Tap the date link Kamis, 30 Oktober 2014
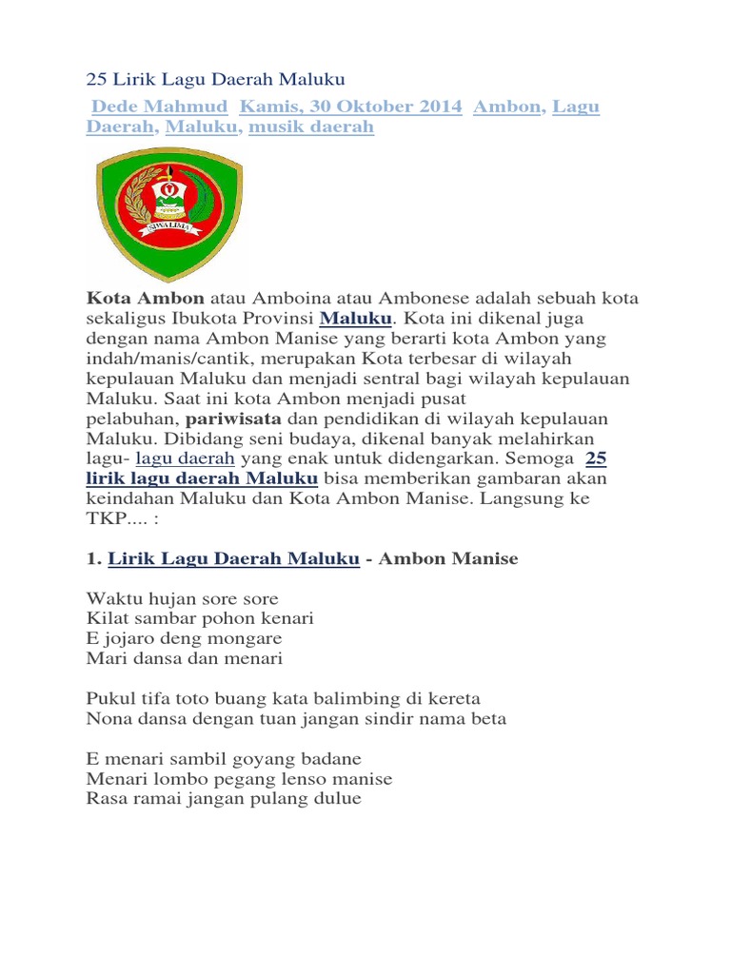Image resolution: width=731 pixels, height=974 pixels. click(x=351, y=107)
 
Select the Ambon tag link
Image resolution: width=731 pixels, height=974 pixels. click(x=507, y=107)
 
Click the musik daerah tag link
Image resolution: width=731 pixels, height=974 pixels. click(x=311, y=127)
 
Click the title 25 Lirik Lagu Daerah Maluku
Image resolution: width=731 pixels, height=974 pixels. click(x=216, y=78)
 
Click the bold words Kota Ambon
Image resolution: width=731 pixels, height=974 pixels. click(x=145, y=299)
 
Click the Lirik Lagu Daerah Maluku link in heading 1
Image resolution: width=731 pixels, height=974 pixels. click(x=233, y=558)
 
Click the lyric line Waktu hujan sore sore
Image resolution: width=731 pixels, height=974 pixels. click(x=183, y=599)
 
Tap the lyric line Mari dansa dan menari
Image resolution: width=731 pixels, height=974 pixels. click(x=185, y=658)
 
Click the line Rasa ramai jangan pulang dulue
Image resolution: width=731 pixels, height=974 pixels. click(x=224, y=799)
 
